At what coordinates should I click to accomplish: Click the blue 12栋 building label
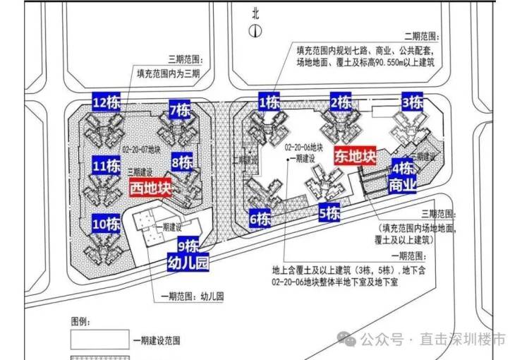pyautogui.click(x=107, y=103)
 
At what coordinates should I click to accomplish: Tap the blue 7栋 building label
pyautogui.click(x=180, y=110)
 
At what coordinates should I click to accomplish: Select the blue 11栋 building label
pyautogui.click(x=106, y=167)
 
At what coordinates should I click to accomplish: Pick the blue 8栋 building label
pyautogui.click(x=182, y=162)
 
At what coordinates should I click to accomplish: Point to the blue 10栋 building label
pyautogui.click(x=107, y=224)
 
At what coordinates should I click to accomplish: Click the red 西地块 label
pyautogui.click(x=151, y=189)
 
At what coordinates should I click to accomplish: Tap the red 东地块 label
pyautogui.click(x=356, y=155)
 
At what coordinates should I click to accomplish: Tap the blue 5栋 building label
pyautogui.click(x=329, y=212)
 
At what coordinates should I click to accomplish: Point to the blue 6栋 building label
pyautogui.click(x=260, y=218)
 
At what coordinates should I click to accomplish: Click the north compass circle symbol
pyautogui.click(x=255, y=30)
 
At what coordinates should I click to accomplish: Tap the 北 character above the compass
pyautogui.click(x=255, y=12)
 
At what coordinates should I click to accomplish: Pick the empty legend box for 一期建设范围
pyautogui.click(x=99, y=340)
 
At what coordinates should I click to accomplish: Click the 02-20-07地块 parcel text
pyautogui.click(x=143, y=150)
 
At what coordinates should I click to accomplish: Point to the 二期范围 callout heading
pyautogui.click(x=420, y=35)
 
